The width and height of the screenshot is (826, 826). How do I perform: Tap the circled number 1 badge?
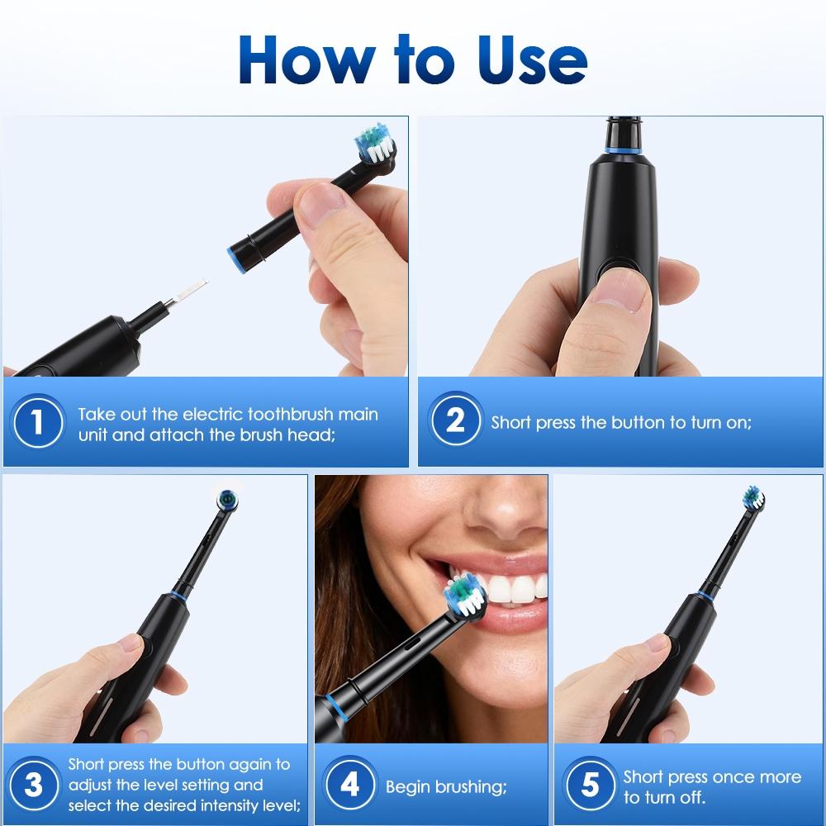click(x=37, y=423)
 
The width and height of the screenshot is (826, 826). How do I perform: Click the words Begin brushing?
click(x=446, y=786)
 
